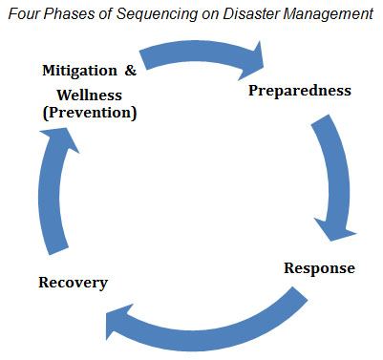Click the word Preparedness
299,92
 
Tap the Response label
319,267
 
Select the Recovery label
73,283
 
